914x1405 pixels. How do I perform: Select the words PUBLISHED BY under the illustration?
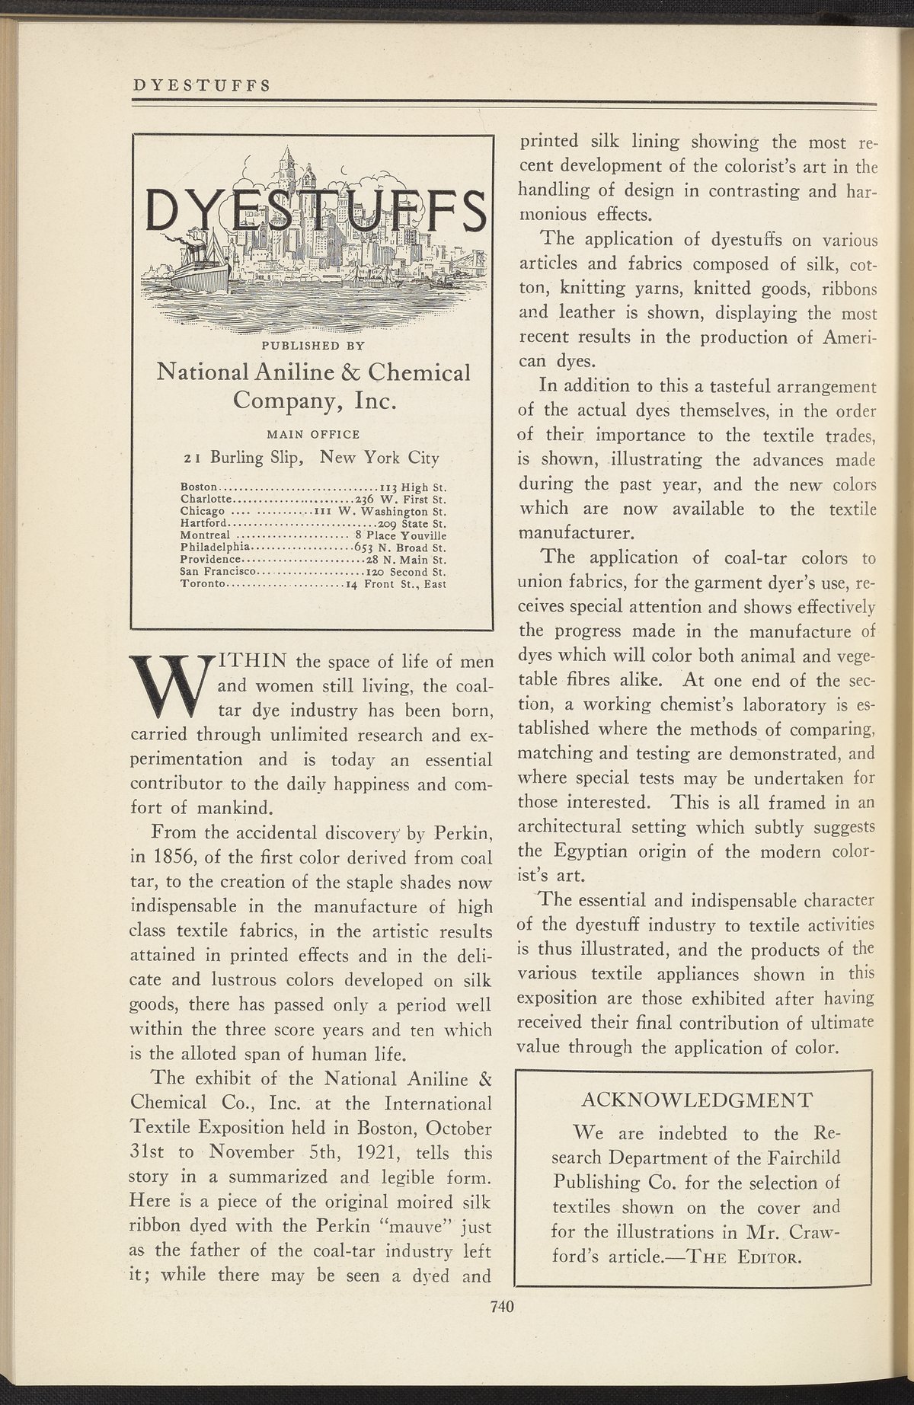click(313, 345)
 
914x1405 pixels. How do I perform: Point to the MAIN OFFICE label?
click(312, 434)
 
